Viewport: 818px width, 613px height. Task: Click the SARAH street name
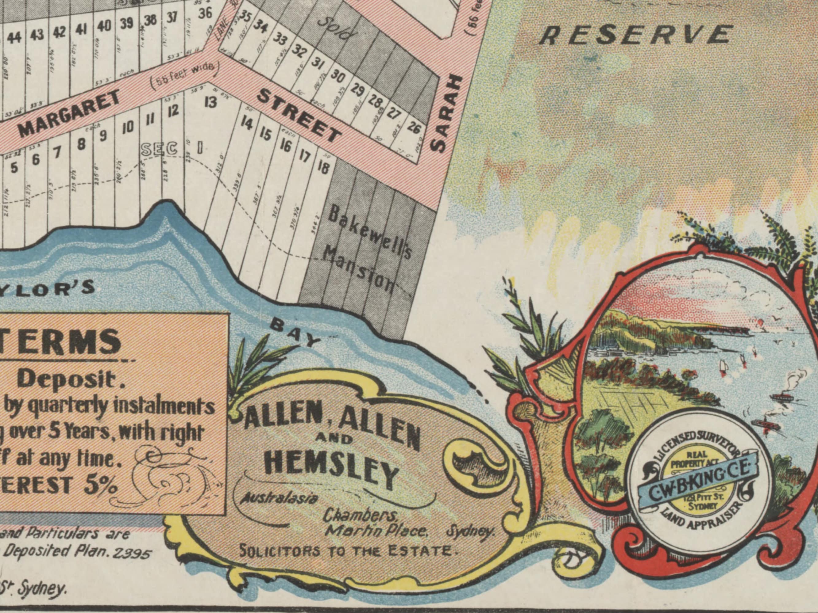pos(446,114)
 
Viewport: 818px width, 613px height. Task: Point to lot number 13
pos(210,102)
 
